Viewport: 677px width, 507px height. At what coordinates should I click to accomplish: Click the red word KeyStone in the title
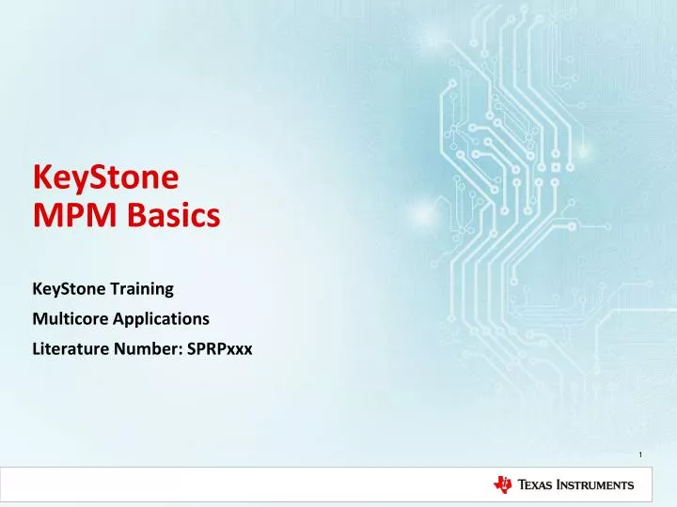pyautogui.click(x=105, y=177)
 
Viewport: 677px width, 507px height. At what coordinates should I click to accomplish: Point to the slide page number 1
pyautogui.click(x=639, y=456)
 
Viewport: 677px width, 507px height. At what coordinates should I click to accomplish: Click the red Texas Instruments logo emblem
pyautogui.click(x=504, y=484)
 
